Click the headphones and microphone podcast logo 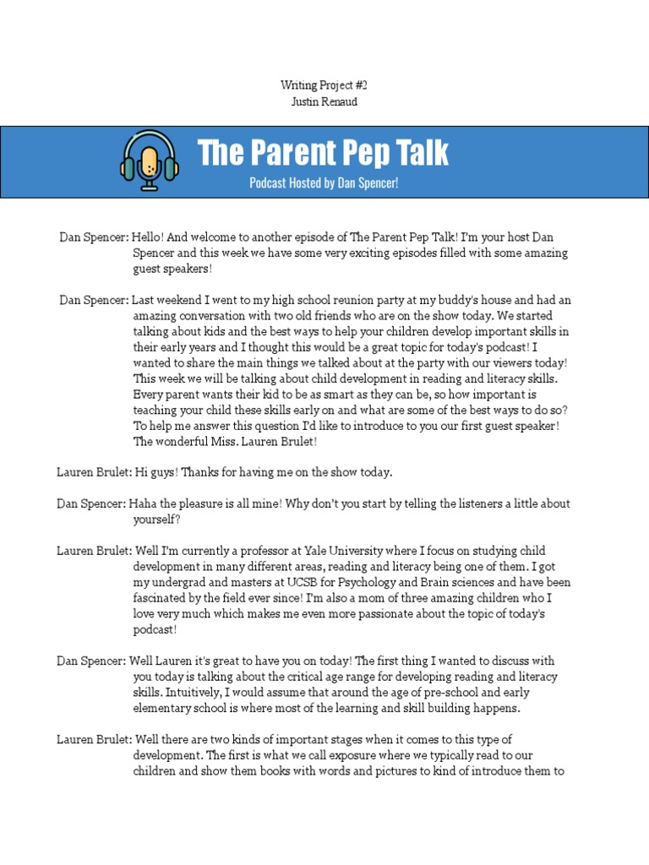(x=150, y=160)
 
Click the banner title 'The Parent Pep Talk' (x=323, y=153)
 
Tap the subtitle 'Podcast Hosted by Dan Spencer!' (x=323, y=182)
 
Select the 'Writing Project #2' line (x=324, y=85)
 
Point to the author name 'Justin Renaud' (x=324, y=102)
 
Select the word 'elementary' (x=165, y=708)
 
